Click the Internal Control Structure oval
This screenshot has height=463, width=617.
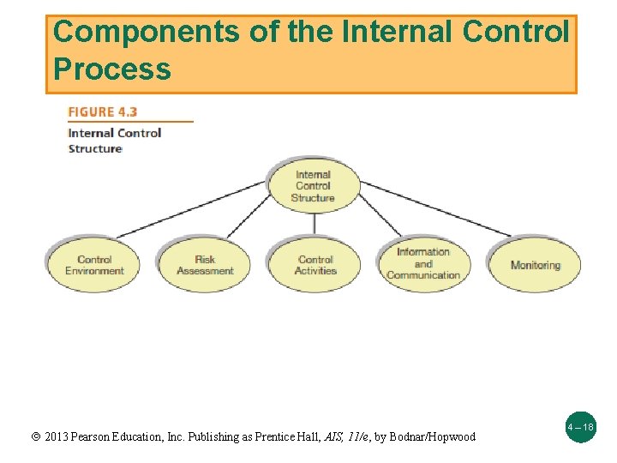click(313, 185)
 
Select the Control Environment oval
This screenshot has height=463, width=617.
click(94, 265)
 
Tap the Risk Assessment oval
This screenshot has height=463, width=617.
click(205, 265)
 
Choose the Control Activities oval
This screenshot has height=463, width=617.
click(315, 265)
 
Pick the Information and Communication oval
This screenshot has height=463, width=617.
click(423, 263)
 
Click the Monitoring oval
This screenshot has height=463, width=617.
click(535, 265)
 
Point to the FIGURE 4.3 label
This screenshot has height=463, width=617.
click(103, 111)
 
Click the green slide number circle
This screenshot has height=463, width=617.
click(581, 426)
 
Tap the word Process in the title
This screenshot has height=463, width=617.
click(111, 69)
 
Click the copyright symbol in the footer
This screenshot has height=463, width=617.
click(35, 437)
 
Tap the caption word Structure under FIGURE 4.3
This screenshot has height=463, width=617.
click(95, 148)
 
